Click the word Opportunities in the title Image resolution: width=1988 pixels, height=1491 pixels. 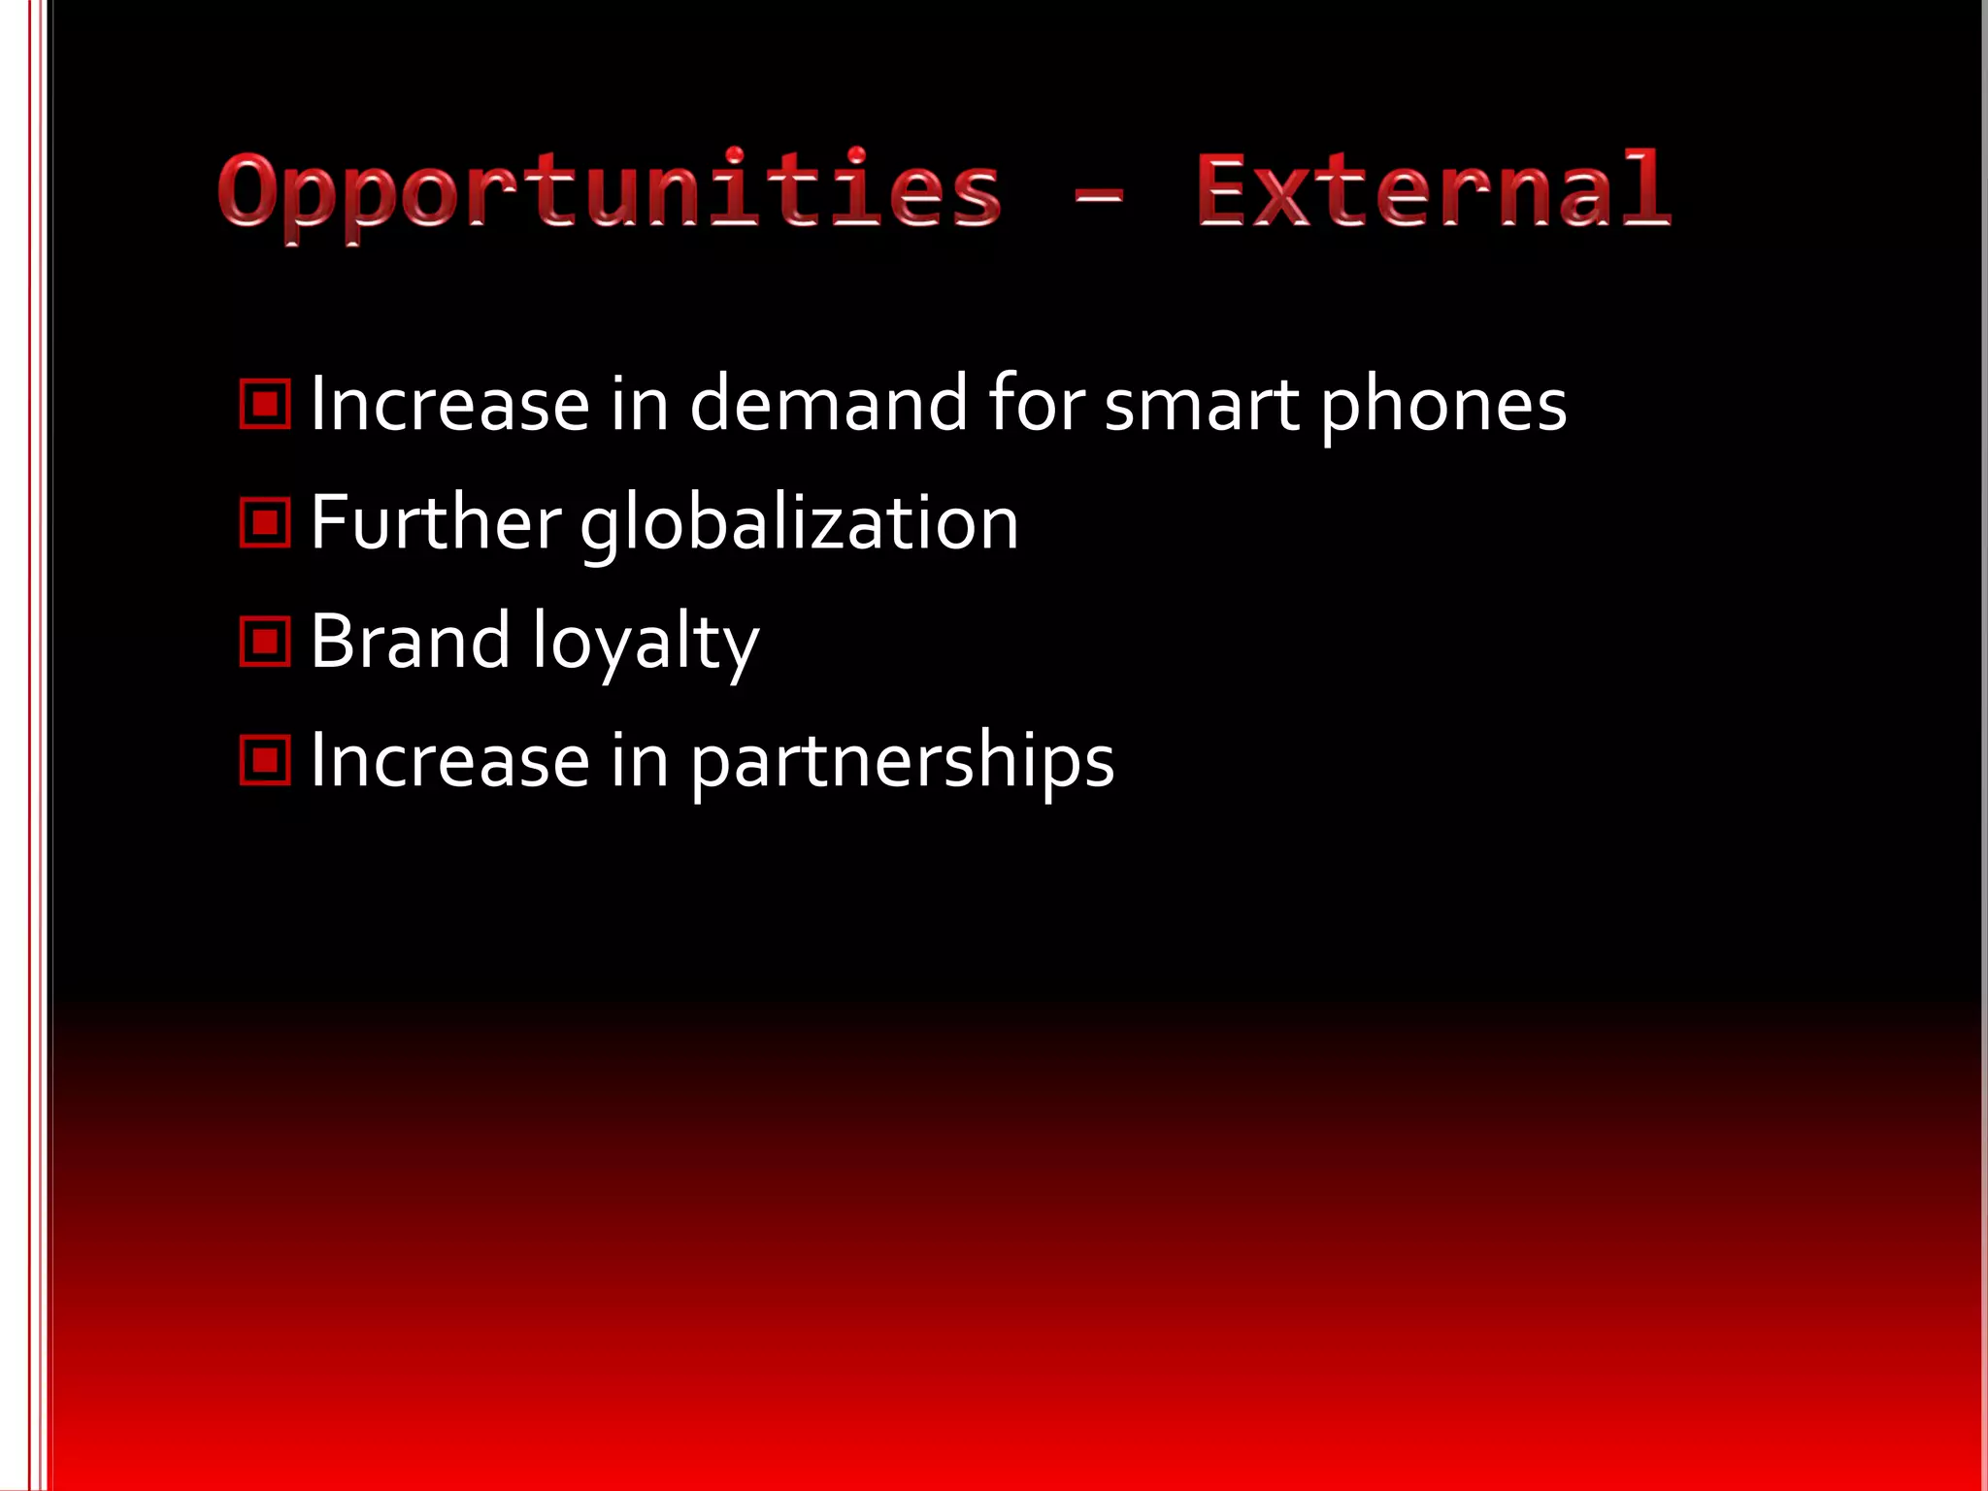610,191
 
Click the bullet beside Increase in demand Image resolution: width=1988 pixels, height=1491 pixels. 265,404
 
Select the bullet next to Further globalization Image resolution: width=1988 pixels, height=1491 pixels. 265,523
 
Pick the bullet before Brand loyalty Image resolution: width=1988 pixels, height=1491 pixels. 265,642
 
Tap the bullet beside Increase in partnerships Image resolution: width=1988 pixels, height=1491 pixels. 265,760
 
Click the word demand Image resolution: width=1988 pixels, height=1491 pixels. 828,404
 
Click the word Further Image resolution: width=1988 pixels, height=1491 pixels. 435,523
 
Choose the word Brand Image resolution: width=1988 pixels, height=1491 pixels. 410,642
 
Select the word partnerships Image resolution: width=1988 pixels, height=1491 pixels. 903,762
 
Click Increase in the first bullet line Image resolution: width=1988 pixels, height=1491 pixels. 449,404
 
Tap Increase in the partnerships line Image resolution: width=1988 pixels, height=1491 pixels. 449,760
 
